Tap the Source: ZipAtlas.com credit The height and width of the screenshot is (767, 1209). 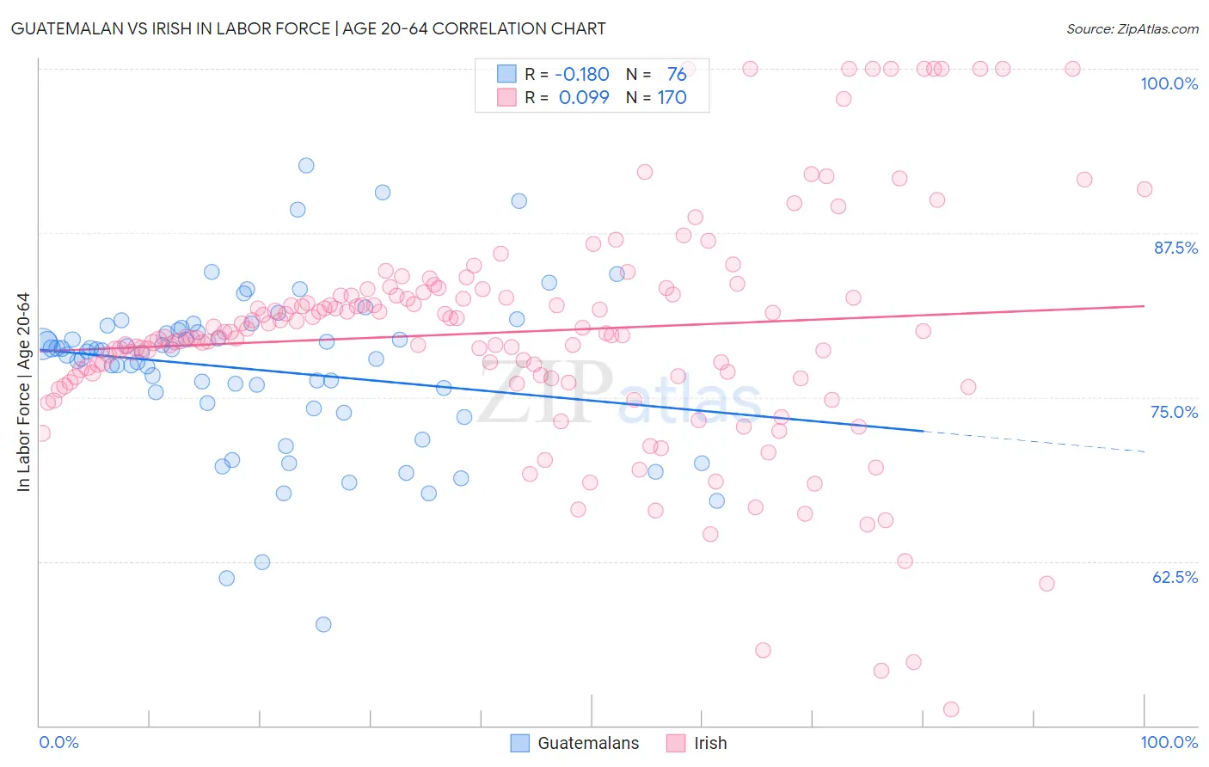point(1132,29)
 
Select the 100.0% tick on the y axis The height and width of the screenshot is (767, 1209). point(1169,83)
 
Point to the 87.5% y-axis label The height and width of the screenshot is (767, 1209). point(1175,248)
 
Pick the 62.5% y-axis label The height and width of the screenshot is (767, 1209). point(1175,577)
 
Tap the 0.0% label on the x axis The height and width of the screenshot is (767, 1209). point(58,742)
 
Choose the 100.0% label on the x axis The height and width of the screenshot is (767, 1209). point(1169,742)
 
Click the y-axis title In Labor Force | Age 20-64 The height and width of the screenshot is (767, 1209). point(23,393)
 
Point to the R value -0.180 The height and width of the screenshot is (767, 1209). point(582,75)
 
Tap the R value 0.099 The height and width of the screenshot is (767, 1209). point(584,97)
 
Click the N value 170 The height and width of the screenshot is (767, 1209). point(672,97)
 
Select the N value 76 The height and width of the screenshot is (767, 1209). point(677,75)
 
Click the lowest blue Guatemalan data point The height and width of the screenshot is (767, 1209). point(323,624)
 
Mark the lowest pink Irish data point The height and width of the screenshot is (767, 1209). point(951,709)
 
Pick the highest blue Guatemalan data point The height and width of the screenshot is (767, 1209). point(306,165)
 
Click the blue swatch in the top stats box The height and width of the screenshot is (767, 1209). point(506,75)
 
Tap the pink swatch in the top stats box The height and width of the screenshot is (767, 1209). point(506,97)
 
